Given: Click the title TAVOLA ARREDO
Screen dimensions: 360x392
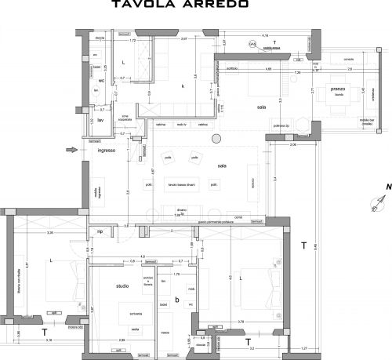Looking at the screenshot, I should coord(192,5).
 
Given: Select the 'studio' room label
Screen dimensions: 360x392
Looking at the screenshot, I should coord(122,285).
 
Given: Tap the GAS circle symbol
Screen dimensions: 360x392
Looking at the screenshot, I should coord(252,45).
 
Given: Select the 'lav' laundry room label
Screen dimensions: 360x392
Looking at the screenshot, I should coord(100,121).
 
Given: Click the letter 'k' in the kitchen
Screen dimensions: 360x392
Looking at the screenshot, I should coord(183,85).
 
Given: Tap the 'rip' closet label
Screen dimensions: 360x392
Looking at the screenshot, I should coord(100,232).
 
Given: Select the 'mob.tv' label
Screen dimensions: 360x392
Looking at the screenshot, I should coord(181,125).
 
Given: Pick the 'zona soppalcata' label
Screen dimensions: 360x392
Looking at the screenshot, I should coord(125,118).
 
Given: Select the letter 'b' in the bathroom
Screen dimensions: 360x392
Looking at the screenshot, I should coord(177,298).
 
